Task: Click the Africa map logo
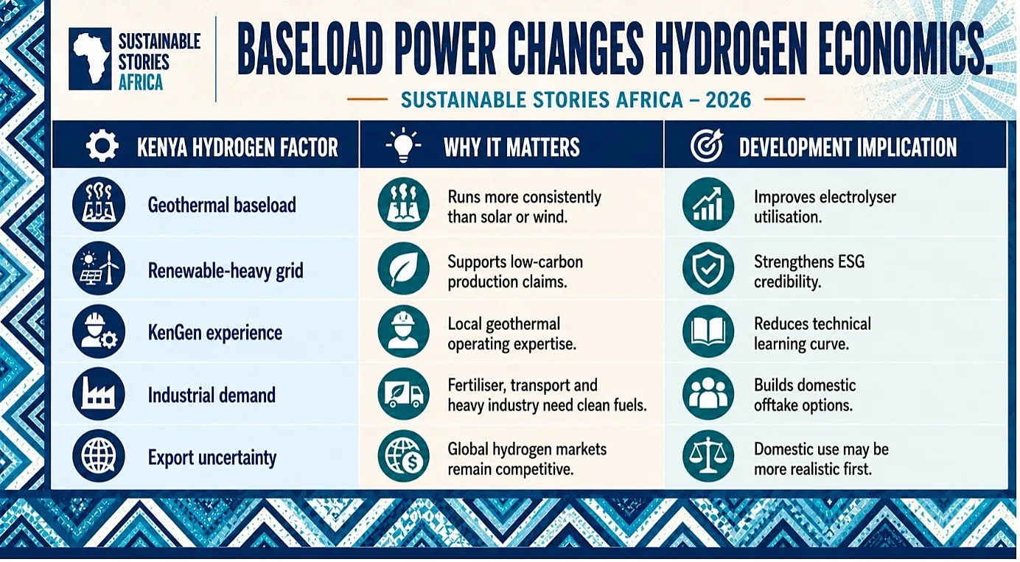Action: pyautogui.click(x=90, y=59)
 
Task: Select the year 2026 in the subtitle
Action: pyautogui.click(x=728, y=99)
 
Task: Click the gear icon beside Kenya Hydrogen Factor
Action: pyautogui.click(x=102, y=146)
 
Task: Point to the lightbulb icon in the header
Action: pyautogui.click(x=403, y=145)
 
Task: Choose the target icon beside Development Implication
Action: pyautogui.click(x=706, y=146)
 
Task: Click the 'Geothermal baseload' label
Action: pyautogui.click(x=222, y=205)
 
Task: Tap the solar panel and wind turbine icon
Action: pyautogui.click(x=98, y=268)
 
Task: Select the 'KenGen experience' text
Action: pyautogui.click(x=215, y=333)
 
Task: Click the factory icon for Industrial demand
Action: pyautogui.click(x=98, y=393)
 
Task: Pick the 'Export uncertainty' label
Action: pyautogui.click(x=212, y=457)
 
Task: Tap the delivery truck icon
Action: pyautogui.click(x=403, y=394)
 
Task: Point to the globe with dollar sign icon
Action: pyautogui.click(x=403, y=457)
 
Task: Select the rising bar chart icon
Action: pyautogui.click(x=708, y=204)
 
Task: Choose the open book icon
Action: pyautogui.click(x=708, y=331)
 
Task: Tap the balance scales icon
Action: pyautogui.click(x=708, y=457)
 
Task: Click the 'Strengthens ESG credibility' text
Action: pyautogui.click(x=809, y=272)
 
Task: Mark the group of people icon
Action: pyautogui.click(x=708, y=394)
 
